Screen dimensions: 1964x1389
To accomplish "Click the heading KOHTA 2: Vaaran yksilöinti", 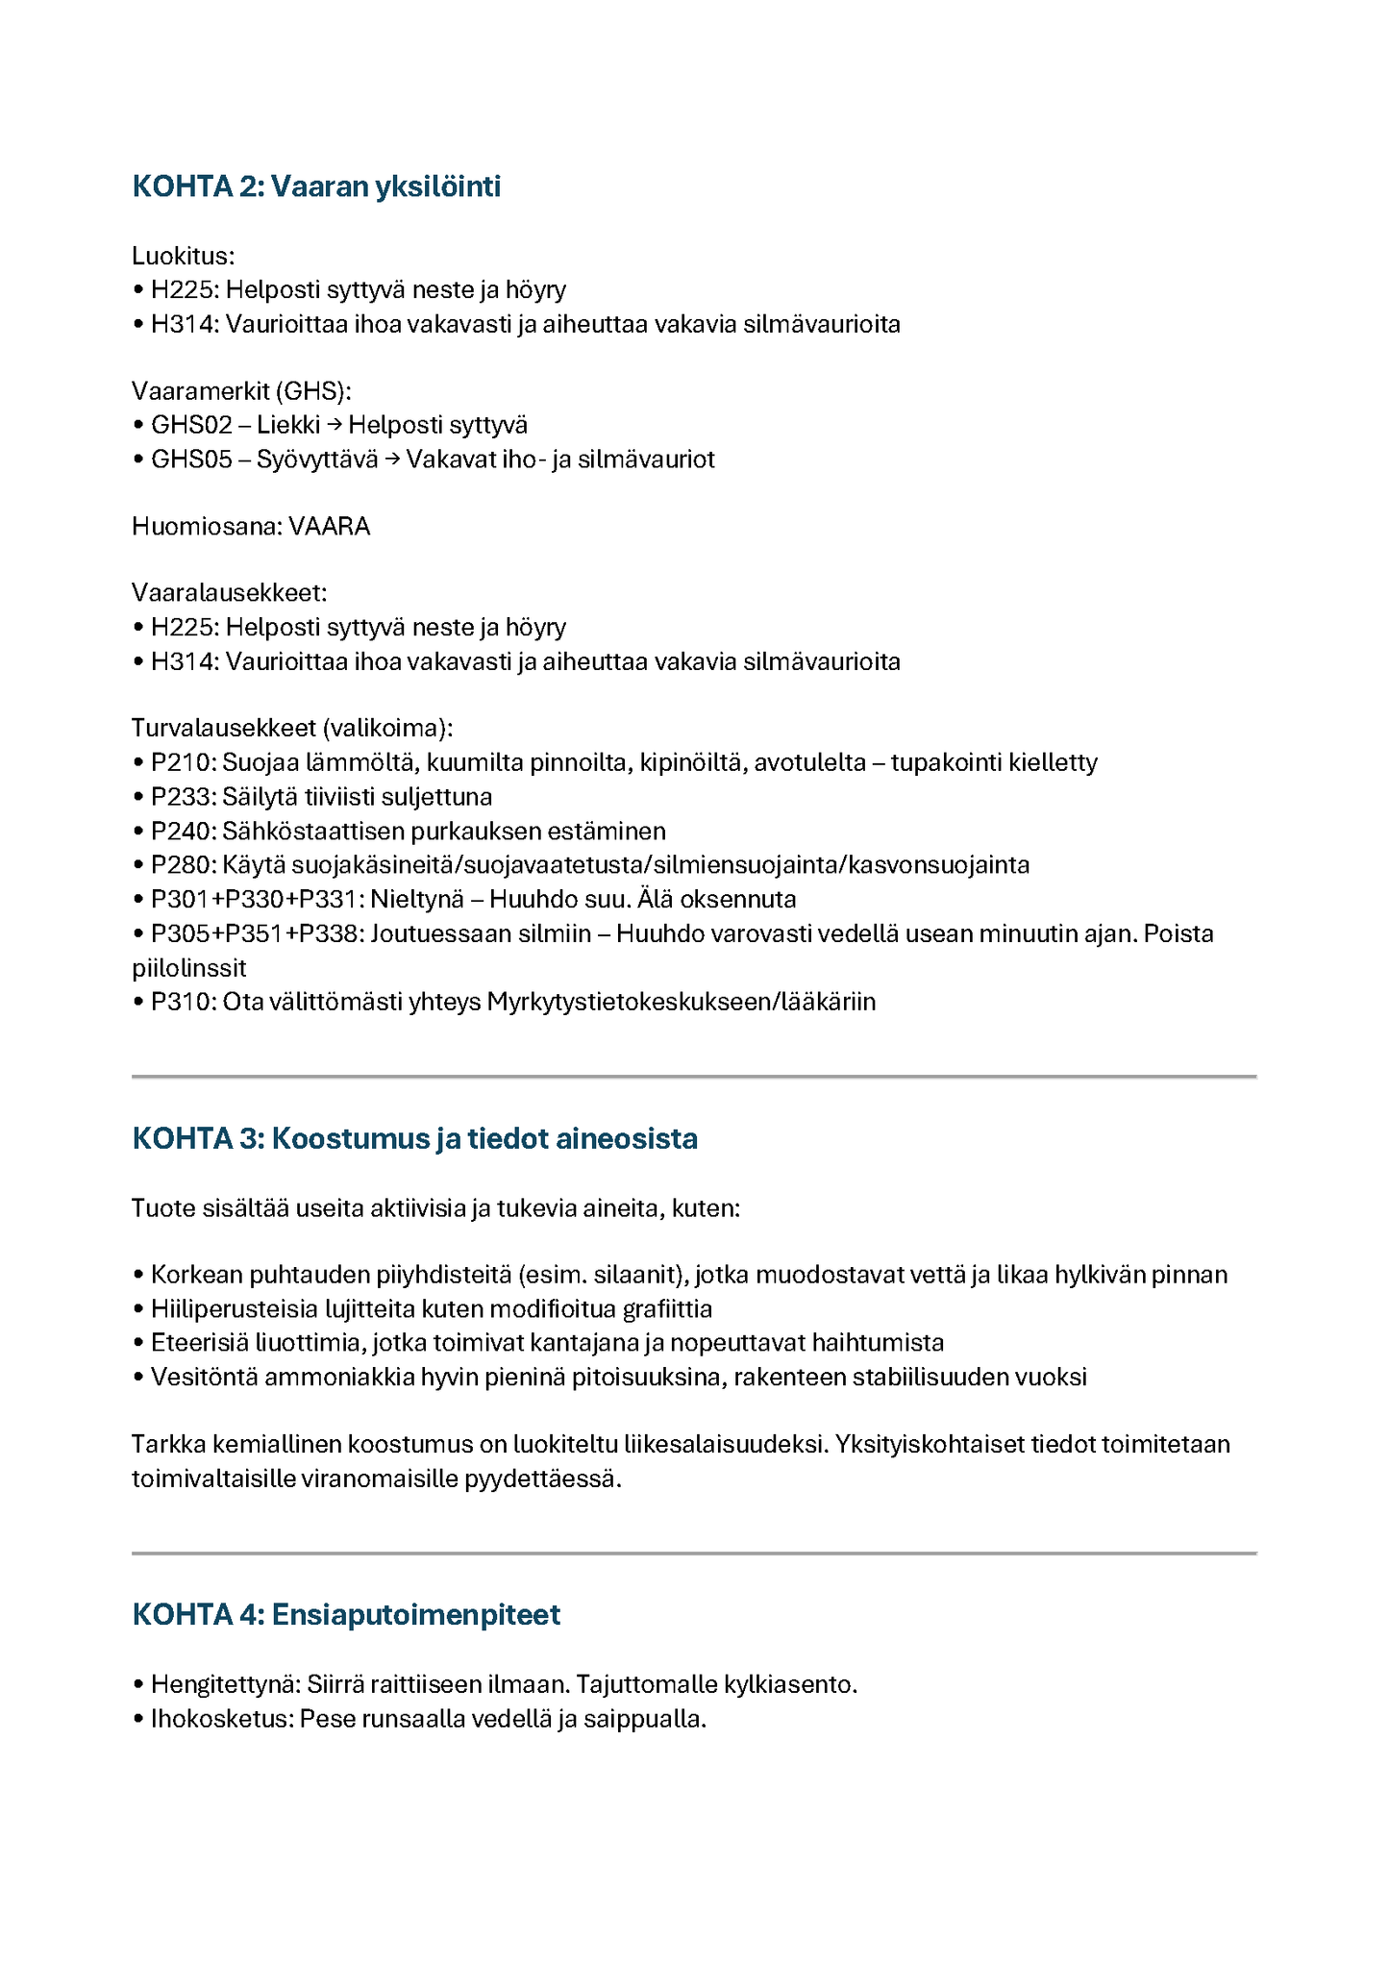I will click(316, 186).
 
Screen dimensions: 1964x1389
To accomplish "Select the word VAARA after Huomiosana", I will click(329, 527).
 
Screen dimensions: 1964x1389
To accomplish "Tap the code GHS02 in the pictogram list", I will click(191, 425).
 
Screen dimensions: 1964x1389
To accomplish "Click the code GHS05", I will click(191, 460).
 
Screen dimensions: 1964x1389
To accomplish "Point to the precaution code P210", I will click(184, 762).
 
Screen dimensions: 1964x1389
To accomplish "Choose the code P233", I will click(184, 797).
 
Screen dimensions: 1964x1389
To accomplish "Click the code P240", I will click(184, 831).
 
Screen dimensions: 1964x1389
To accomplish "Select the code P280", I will click(184, 865).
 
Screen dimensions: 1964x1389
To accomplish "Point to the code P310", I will click(184, 1002).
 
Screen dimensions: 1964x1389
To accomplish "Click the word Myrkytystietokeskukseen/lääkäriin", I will click(681, 1002).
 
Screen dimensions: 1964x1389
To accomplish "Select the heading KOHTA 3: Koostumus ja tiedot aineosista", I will click(414, 1138).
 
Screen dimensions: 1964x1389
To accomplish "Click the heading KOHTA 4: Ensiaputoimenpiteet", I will click(346, 1614).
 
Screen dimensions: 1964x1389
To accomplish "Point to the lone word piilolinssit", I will click(189, 968).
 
